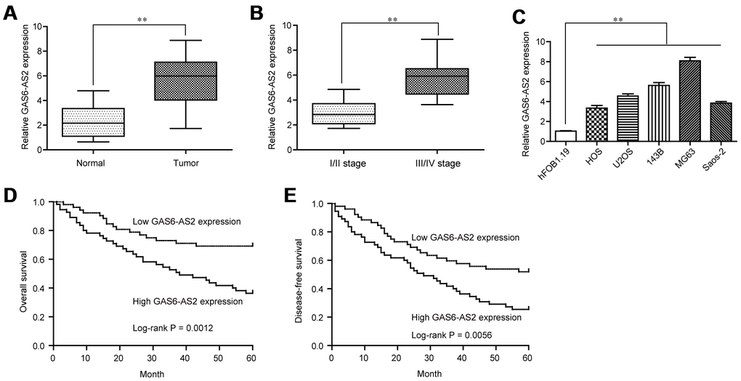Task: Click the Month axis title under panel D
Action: point(153,374)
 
